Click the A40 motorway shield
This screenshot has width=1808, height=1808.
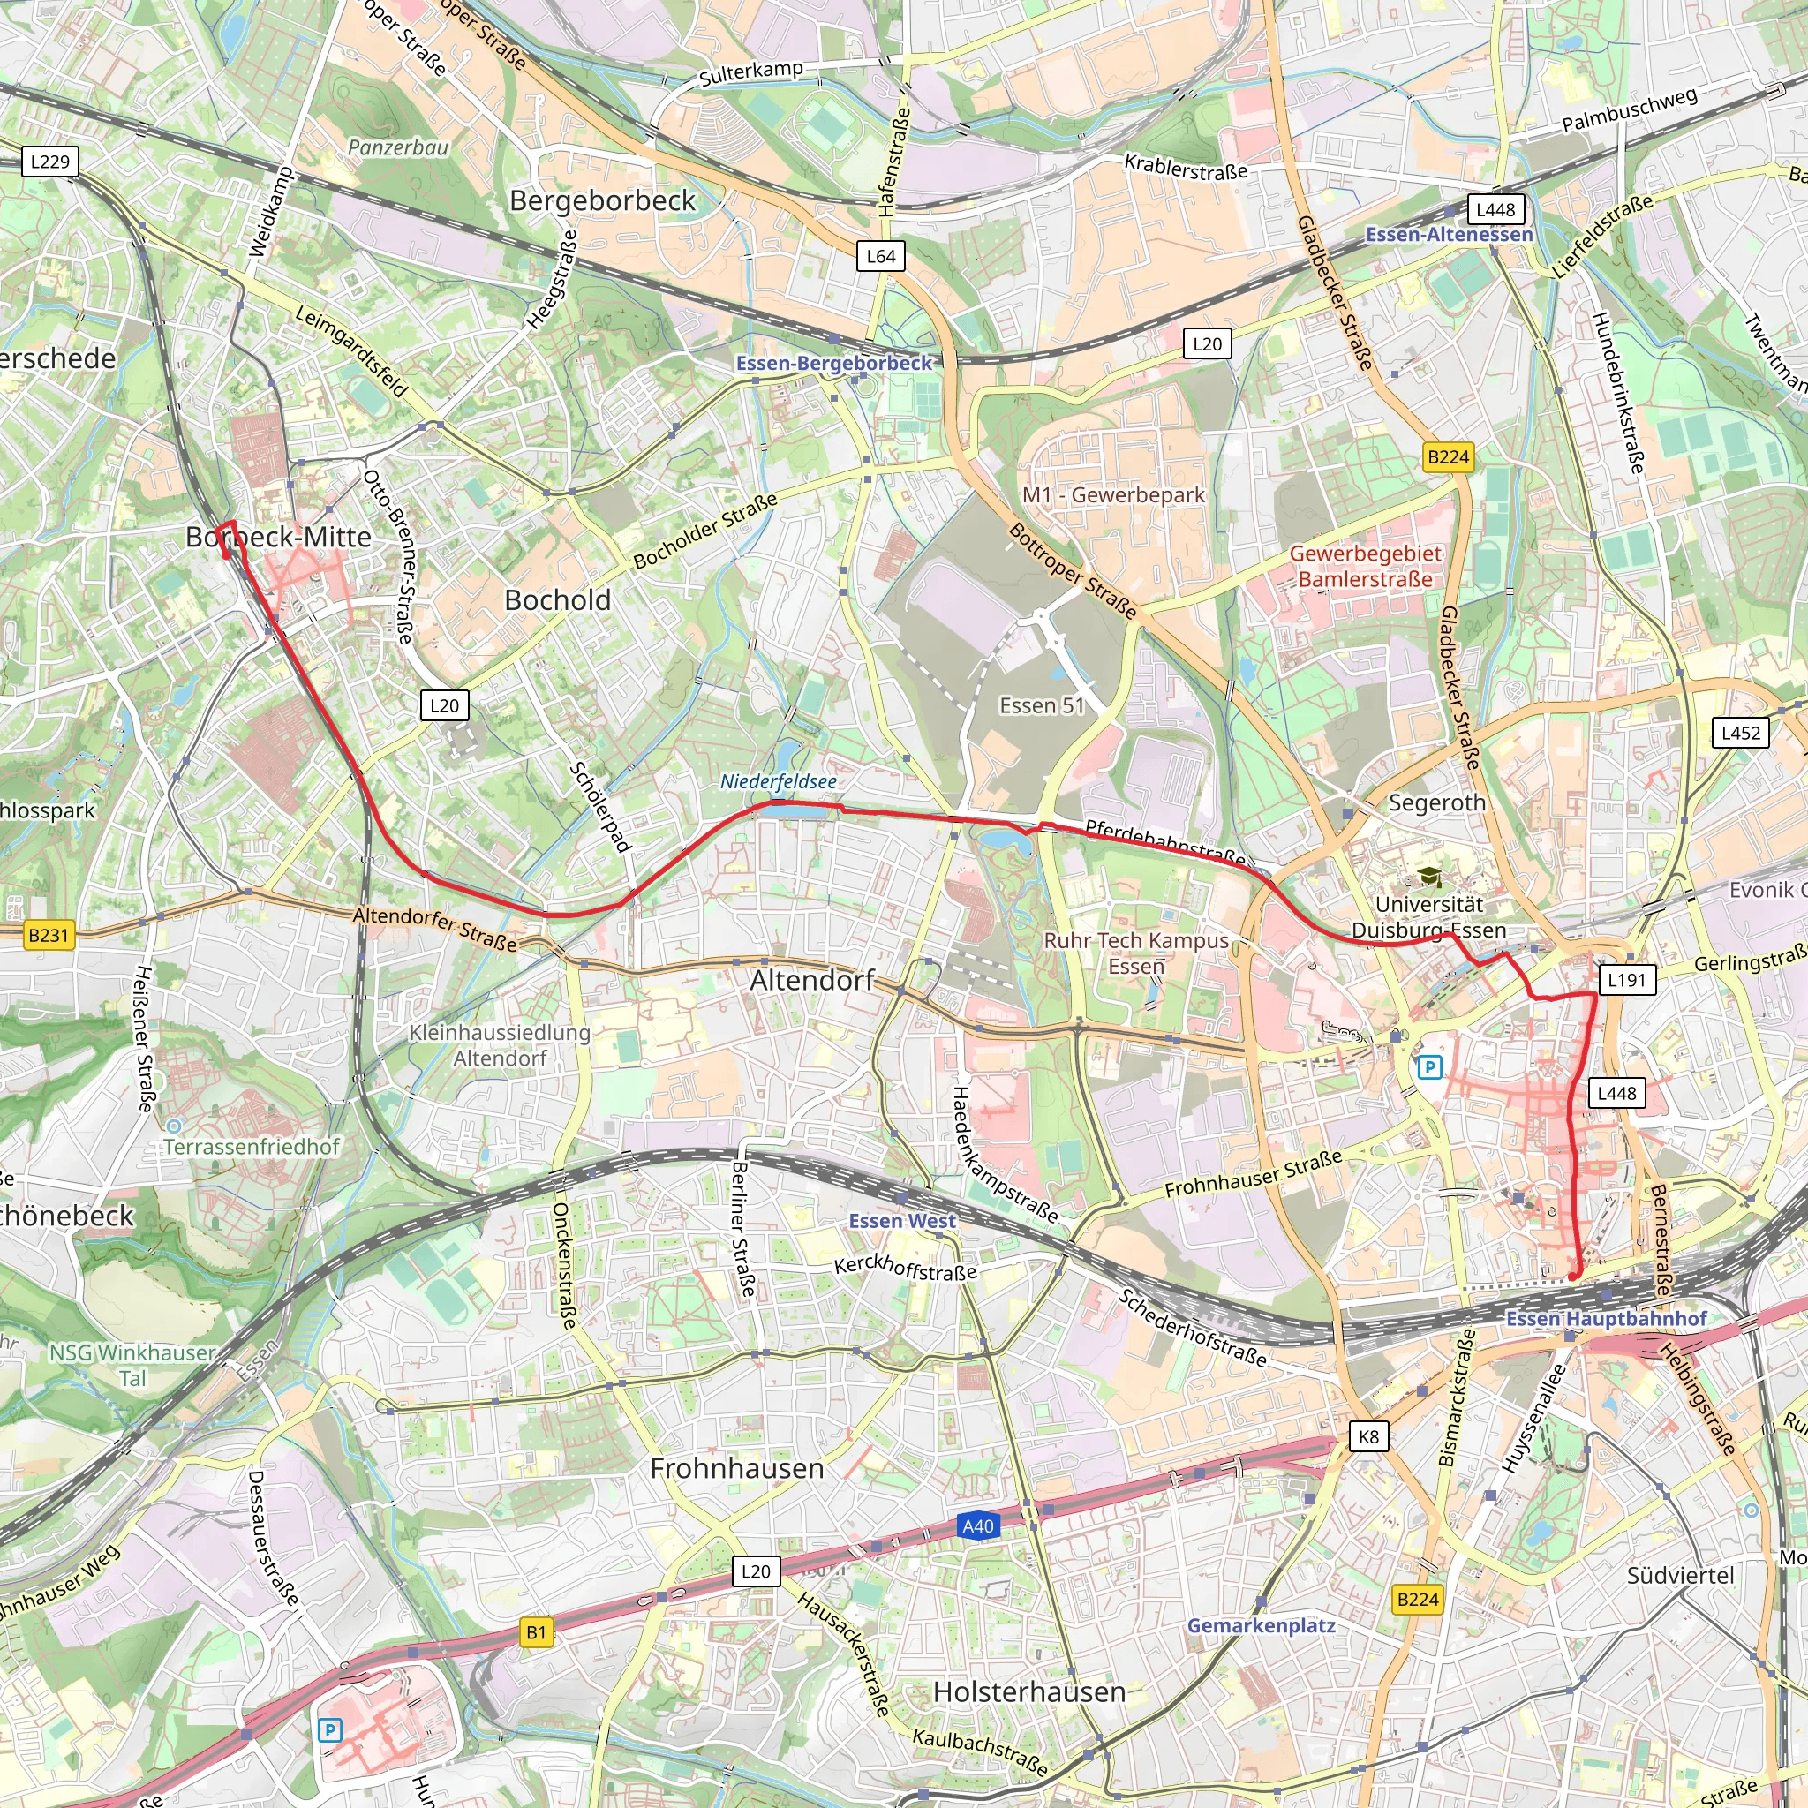coord(978,1526)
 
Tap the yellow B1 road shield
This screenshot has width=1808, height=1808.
coord(536,1633)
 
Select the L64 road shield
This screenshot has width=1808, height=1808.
coord(880,256)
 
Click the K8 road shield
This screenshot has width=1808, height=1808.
coord(1368,1436)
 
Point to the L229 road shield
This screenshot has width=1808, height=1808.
coord(49,162)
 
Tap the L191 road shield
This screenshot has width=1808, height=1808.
coord(1626,980)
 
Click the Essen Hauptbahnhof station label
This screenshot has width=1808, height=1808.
coord(1606,1319)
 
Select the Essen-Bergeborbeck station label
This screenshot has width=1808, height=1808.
coord(833,363)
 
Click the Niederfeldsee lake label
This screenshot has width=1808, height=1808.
coord(778,781)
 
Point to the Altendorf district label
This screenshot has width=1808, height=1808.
coord(811,980)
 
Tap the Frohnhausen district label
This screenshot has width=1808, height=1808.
coord(736,1468)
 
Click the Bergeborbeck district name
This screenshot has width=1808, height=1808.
coord(602,200)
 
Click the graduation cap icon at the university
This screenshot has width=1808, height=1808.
coord(1429,877)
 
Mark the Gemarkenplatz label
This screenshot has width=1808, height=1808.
coord(1261,1625)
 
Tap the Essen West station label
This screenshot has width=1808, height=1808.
coord(901,1221)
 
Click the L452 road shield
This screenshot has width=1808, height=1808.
coord(1741,733)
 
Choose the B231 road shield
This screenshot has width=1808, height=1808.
coord(48,935)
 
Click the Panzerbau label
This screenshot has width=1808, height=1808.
coord(398,147)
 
